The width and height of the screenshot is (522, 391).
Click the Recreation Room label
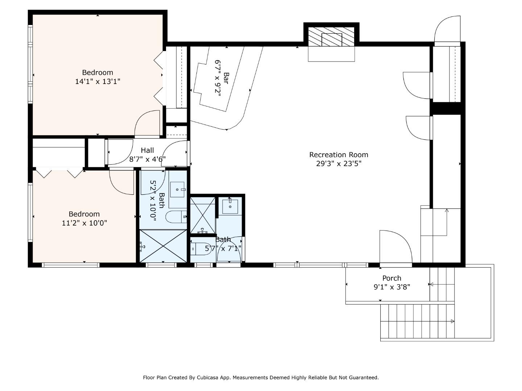(x=339, y=155)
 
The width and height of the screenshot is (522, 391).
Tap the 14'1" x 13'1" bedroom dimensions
(x=98, y=82)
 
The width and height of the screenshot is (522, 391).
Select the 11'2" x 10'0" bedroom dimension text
(x=84, y=223)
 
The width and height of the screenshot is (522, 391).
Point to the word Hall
(x=147, y=150)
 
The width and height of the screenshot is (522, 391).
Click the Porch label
(x=391, y=278)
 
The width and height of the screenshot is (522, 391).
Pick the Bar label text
(x=226, y=78)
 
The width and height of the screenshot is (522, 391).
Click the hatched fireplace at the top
(x=331, y=37)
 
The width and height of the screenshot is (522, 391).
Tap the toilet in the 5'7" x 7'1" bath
(x=200, y=249)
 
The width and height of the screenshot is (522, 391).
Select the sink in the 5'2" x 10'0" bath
(x=177, y=189)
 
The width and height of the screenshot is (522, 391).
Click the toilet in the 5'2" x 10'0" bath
(x=176, y=217)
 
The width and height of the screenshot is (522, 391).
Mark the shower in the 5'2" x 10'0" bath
(x=163, y=246)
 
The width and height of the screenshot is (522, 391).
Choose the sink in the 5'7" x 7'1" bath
(x=230, y=206)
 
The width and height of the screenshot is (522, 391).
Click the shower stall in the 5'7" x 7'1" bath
(x=203, y=215)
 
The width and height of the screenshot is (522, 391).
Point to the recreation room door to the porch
(x=396, y=247)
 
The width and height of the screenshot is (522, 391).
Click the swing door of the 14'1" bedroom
(x=147, y=124)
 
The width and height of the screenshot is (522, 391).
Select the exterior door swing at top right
(x=447, y=29)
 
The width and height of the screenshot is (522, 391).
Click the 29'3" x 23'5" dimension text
(x=339, y=164)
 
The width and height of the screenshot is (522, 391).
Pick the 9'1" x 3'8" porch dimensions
(x=392, y=287)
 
